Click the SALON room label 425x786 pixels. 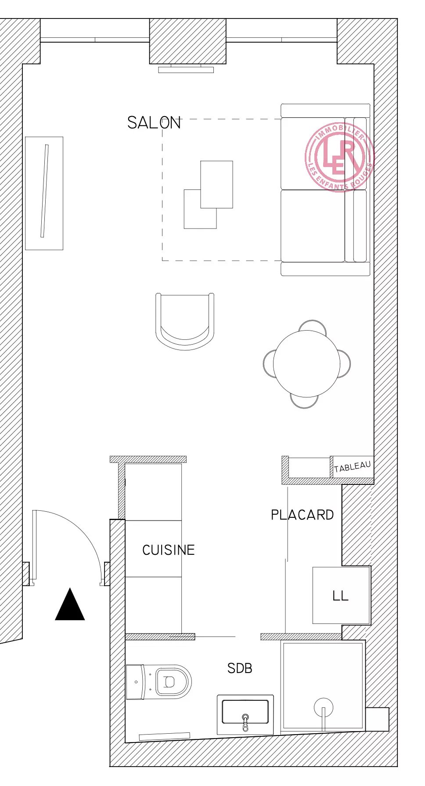pyautogui.click(x=154, y=123)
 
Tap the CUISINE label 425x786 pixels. pyautogui.click(x=169, y=550)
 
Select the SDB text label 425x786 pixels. pyautogui.click(x=240, y=668)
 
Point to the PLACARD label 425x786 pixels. pyautogui.click(x=302, y=515)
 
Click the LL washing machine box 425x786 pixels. pyautogui.click(x=341, y=595)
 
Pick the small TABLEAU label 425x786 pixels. pyautogui.click(x=352, y=467)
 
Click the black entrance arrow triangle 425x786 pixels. pyautogui.click(x=70, y=604)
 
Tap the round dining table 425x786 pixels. pyautogui.click(x=306, y=364)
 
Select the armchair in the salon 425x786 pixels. pyautogui.click(x=185, y=321)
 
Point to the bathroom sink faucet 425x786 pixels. pyautogui.click(x=245, y=722)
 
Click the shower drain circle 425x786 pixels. pyautogui.click(x=324, y=708)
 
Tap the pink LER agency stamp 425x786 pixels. pyautogui.click(x=339, y=157)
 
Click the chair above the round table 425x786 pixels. pyautogui.click(x=313, y=326)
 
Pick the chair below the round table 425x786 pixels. pyautogui.click(x=304, y=401)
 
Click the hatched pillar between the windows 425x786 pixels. pyautogui.click(x=188, y=41)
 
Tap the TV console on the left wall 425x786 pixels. pyautogui.click(x=44, y=193)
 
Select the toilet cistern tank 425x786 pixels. pyautogui.click(x=135, y=682)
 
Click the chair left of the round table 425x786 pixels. pyautogui.click(x=269, y=364)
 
